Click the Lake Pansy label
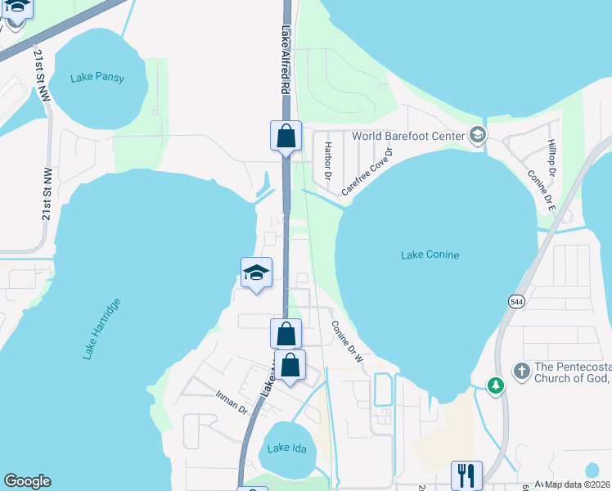tap(97, 78)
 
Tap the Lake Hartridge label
tap(102, 329)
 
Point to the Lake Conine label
tap(430, 255)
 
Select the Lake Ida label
tap(285, 447)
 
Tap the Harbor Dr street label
tap(326, 160)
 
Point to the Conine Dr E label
tap(542, 191)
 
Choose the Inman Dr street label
tap(232, 401)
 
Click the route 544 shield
tap(516, 302)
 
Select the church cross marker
tap(521, 372)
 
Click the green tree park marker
tap(495, 384)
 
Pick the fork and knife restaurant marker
tap(466, 475)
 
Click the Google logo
tap(27, 481)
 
